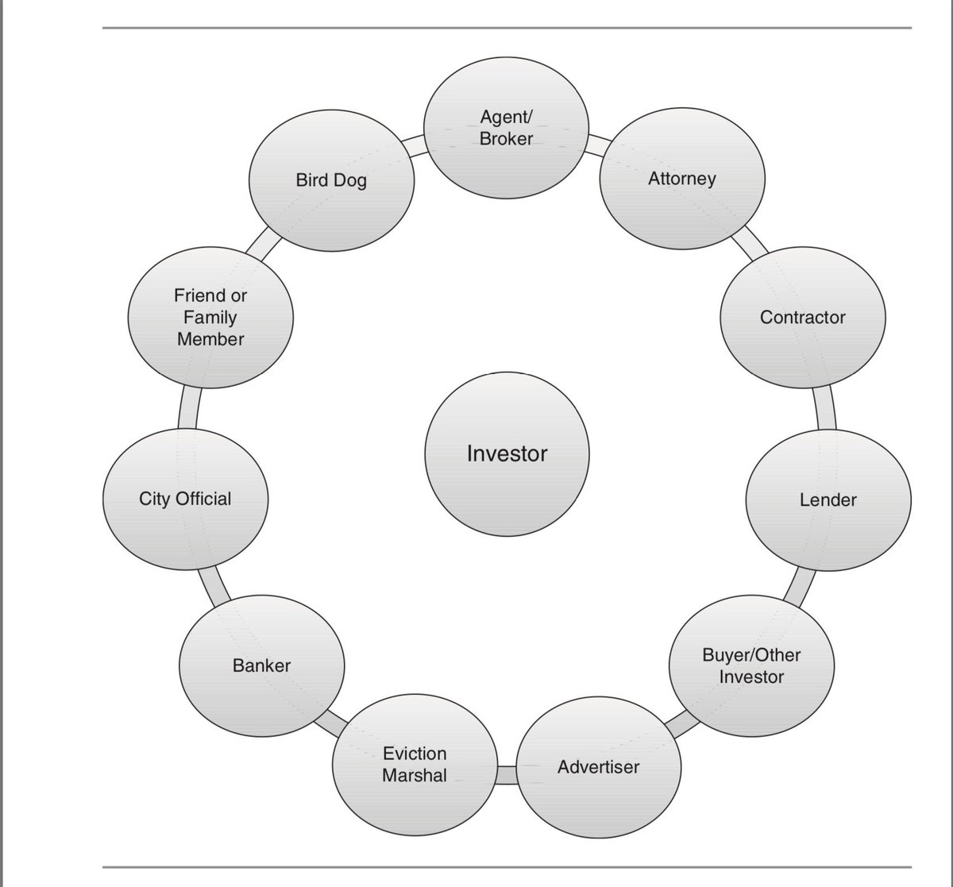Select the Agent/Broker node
pos(507,129)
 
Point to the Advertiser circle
pos(598,767)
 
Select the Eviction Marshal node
pos(415,764)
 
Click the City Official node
pos(186,499)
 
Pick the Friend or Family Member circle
pos(210,318)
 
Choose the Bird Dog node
pos(331,180)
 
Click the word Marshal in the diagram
pos(415,775)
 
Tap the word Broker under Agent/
pos(507,140)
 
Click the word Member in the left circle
pos(210,339)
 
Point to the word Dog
pos(350,180)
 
